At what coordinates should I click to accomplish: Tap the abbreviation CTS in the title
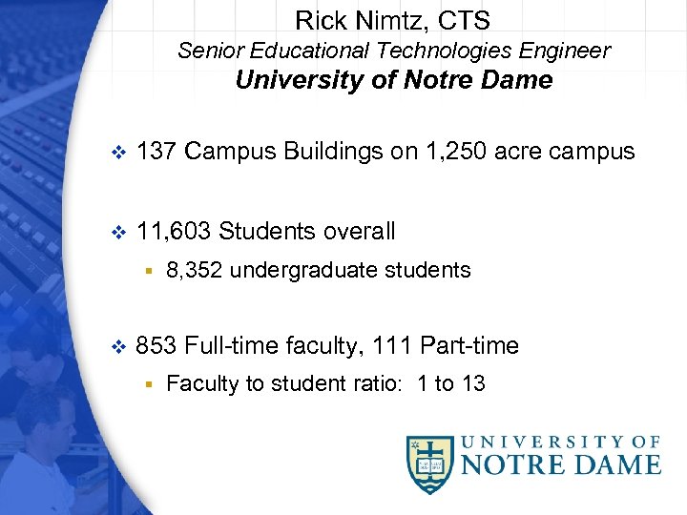pyautogui.click(x=464, y=19)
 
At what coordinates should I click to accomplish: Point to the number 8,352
pyautogui.click(x=195, y=271)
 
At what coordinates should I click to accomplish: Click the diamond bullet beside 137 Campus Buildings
pyautogui.click(x=118, y=153)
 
